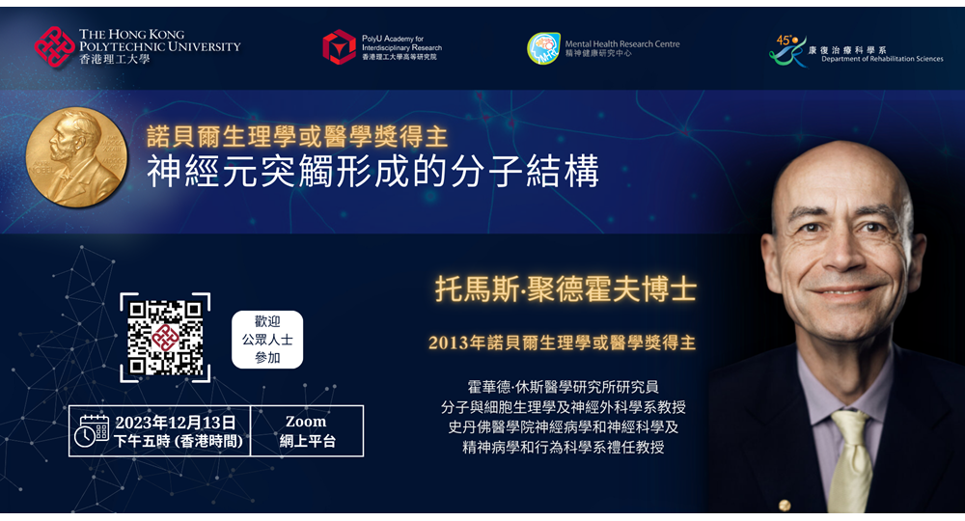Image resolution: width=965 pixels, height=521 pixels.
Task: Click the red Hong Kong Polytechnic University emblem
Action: tap(54, 46)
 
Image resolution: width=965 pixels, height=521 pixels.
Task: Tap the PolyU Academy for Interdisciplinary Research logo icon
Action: tap(339, 46)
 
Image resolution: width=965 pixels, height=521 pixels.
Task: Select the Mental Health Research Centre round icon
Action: tap(543, 48)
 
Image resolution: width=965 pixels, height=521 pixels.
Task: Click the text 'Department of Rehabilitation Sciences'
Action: tap(882, 59)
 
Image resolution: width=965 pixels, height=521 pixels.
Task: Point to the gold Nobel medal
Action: tap(76, 157)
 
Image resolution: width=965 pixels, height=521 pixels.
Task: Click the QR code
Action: tap(165, 338)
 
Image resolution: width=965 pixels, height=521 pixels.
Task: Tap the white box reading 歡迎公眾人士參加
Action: tap(267, 340)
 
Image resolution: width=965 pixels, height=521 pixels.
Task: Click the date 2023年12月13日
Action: tap(176, 423)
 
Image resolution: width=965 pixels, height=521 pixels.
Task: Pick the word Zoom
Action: tap(306, 422)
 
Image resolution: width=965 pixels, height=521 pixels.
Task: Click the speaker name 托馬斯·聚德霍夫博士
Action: tap(565, 288)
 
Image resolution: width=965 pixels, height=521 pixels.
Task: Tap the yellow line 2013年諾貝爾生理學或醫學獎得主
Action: tap(562, 343)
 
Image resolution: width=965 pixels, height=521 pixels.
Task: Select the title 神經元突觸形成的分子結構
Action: tap(372, 171)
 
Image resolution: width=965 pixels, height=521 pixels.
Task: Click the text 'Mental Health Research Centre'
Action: tap(622, 43)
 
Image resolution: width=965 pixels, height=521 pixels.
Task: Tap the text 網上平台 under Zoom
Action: tap(307, 441)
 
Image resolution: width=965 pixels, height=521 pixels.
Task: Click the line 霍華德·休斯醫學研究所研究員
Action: tap(564, 387)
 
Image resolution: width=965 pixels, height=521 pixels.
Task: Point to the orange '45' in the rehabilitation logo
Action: tap(784, 40)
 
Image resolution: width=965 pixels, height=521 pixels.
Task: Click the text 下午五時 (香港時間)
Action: tap(179, 441)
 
